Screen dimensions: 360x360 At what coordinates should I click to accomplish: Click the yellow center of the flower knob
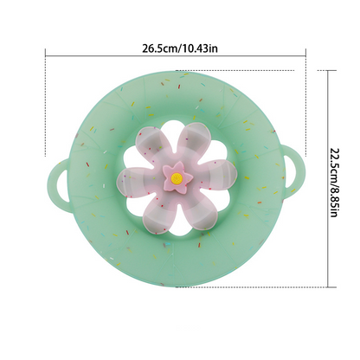pyautogui.click(x=177, y=178)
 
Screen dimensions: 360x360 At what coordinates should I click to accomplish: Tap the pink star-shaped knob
pyautogui.click(x=177, y=177)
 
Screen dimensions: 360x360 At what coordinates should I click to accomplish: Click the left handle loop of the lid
pyautogui.click(x=59, y=183)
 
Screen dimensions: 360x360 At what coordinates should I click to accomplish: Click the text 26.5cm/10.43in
pyautogui.click(x=180, y=48)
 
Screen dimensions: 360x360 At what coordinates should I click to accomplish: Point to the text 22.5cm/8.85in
pyautogui.click(x=333, y=183)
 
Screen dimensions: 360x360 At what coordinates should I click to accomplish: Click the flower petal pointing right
pyautogui.click(x=215, y=174)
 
